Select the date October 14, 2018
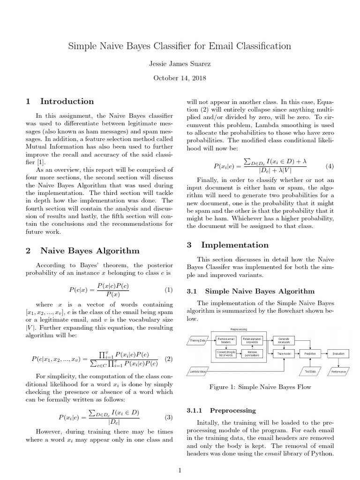180,78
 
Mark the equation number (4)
330,166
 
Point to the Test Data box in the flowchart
310,371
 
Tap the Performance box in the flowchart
338,371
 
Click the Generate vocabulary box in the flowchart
284,340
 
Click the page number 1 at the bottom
180,470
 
